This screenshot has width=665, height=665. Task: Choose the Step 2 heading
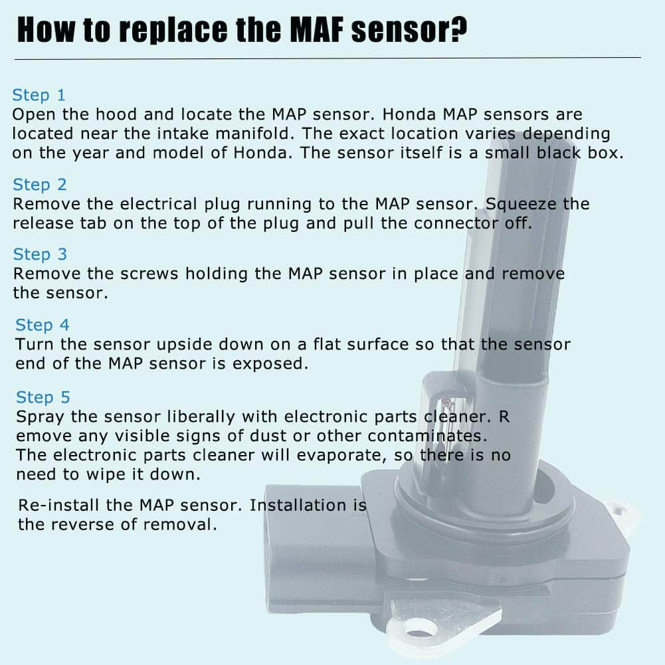(x=40, y=185)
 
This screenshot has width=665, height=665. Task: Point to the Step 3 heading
(x=40, y=254)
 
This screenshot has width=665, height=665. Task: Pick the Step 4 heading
(x=43, y=325)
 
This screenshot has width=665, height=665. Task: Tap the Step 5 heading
(x=43, y=397)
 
